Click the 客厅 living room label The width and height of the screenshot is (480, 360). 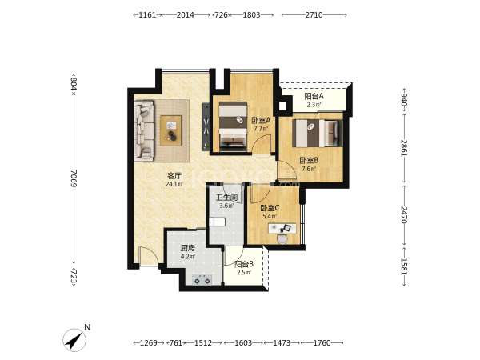click(174, 176)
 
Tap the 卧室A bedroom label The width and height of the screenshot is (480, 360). click(261, 120)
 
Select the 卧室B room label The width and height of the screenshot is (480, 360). click(309, 160)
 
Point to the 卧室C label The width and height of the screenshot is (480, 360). click(270, 208)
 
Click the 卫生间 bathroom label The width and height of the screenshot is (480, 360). click(227, 198)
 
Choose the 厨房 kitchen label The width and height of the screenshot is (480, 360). click(188, 248)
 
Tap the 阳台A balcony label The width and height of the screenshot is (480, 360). click(314, 97)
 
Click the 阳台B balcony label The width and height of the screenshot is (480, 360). click(244, 264)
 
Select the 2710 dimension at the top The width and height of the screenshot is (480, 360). click(314, 14)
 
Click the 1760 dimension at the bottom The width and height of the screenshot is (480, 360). click(322, 343)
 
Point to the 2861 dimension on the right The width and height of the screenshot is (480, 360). click(404, 148)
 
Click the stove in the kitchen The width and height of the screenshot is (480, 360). click(202, 280)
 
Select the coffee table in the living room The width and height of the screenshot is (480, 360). click(171, 130)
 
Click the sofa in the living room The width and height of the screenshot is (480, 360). click(144, 130)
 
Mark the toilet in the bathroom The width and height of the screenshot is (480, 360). click(218, 222)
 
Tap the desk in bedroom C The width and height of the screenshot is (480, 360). click(282, 228)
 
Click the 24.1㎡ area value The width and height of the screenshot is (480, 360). click(174, 184)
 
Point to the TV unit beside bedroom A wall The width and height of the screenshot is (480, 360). click(206, 126)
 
